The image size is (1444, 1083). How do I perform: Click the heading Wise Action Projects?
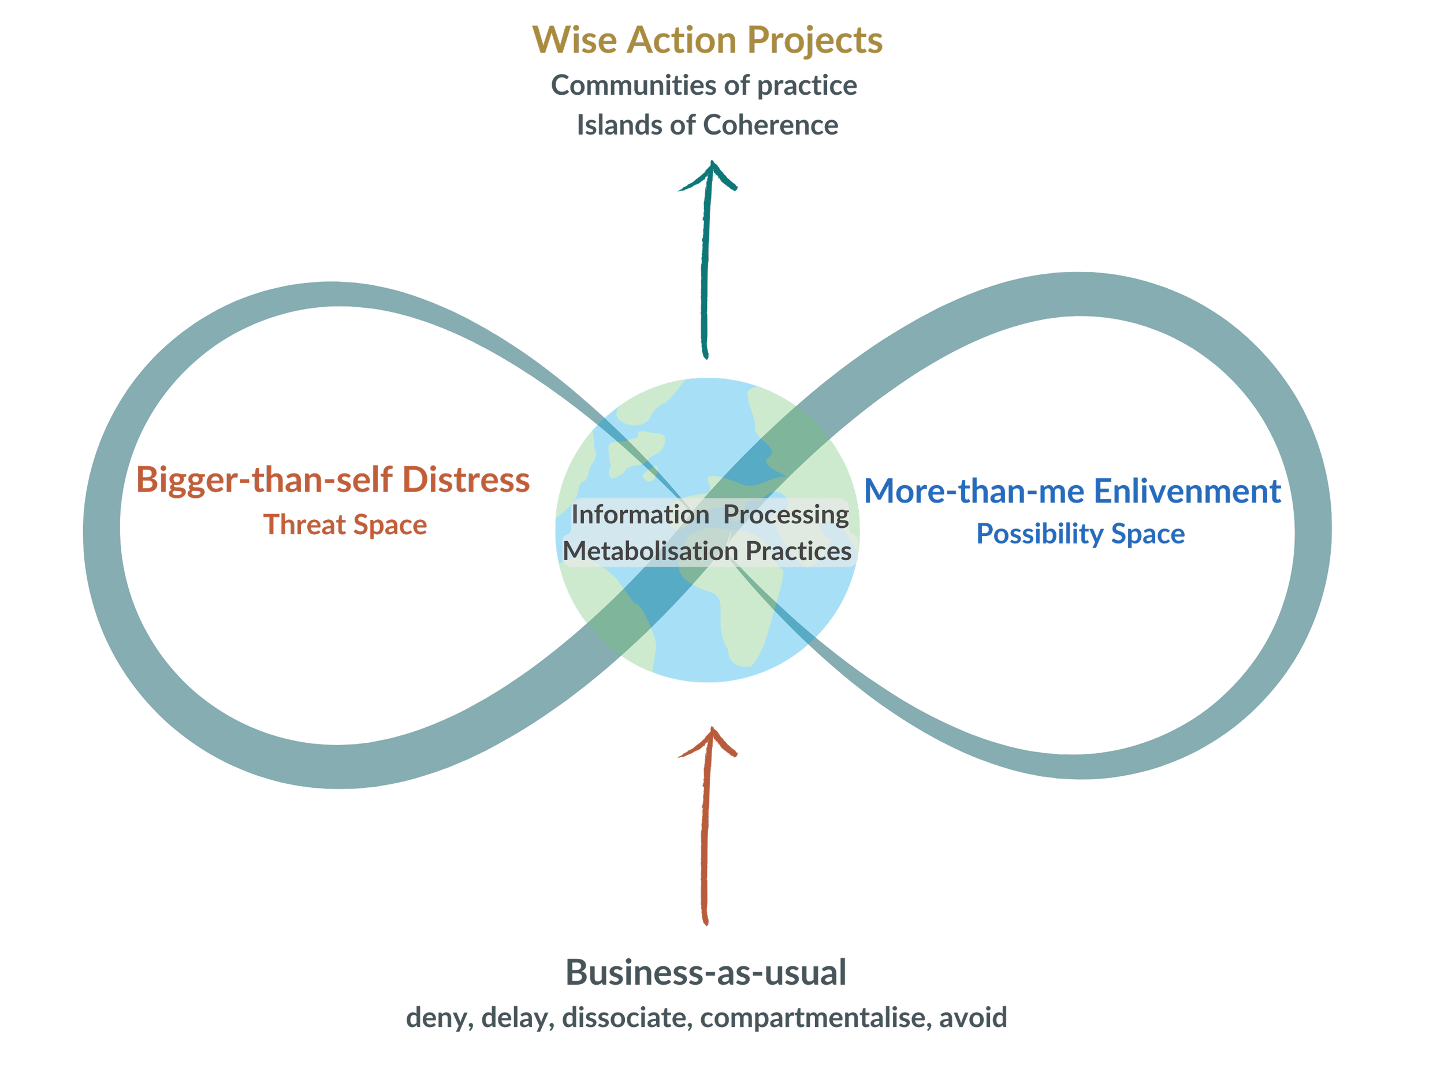coord(707,40)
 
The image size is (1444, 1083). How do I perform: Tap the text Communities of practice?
coord(704,85)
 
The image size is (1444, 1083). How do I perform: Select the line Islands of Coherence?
coord(707,125)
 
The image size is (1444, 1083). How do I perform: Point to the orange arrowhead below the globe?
coord(710,742)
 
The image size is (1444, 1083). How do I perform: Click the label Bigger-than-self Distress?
coord(333,480)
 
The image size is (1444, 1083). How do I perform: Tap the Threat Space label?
coord(345,525)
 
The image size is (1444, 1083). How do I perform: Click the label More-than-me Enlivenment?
coord(1074,491)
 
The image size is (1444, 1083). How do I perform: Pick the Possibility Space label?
coord(1080,534)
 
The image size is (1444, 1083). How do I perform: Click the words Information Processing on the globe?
coord(710,515)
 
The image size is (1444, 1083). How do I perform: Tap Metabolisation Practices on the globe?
coord(707,552)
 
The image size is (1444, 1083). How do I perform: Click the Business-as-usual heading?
coord(706,973)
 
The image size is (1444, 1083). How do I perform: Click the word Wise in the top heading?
coord(575,40)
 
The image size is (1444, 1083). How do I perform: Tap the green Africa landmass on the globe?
coord(744,607)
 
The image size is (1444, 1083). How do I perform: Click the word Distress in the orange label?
coord(466,480)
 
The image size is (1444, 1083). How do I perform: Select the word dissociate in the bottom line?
coord(627,1018)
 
